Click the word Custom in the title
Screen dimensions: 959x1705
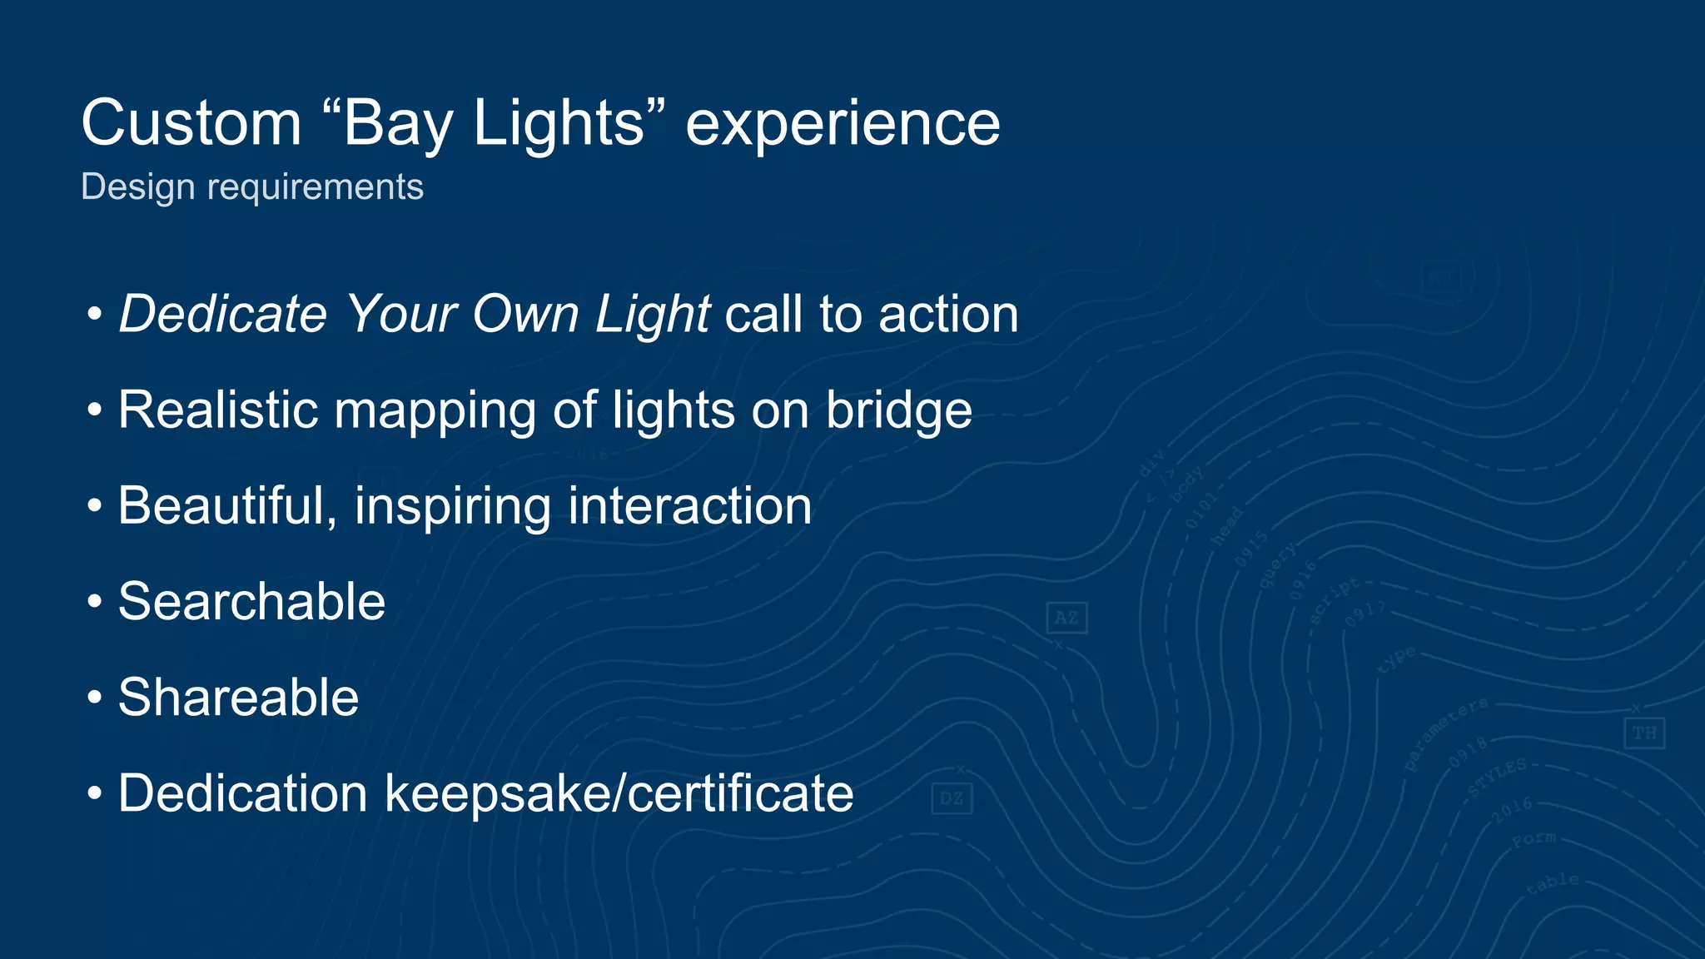tap(191, 123)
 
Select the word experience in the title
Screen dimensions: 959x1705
tap(843, 123)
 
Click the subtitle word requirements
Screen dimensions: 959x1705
tap(316, 186)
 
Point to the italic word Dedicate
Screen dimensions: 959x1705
tap(223, 314)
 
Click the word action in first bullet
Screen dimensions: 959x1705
tap(948, 314)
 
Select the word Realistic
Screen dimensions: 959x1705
tap(218, 410)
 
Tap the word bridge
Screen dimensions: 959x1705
tap(898, 410)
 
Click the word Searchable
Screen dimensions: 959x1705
tap(251, 601)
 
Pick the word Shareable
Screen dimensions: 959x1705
tap(238, 697)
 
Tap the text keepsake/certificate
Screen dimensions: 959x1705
tap(619, 793)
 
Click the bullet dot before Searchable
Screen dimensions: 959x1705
tap(95, 601)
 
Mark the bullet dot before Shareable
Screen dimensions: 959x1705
tap(95, 697)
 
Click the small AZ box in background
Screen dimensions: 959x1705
tap(1066, 618)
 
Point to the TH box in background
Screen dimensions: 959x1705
tap(1643, 733)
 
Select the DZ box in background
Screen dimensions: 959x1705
tap(952, 798)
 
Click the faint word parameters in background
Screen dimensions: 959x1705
tap(1445, 733)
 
